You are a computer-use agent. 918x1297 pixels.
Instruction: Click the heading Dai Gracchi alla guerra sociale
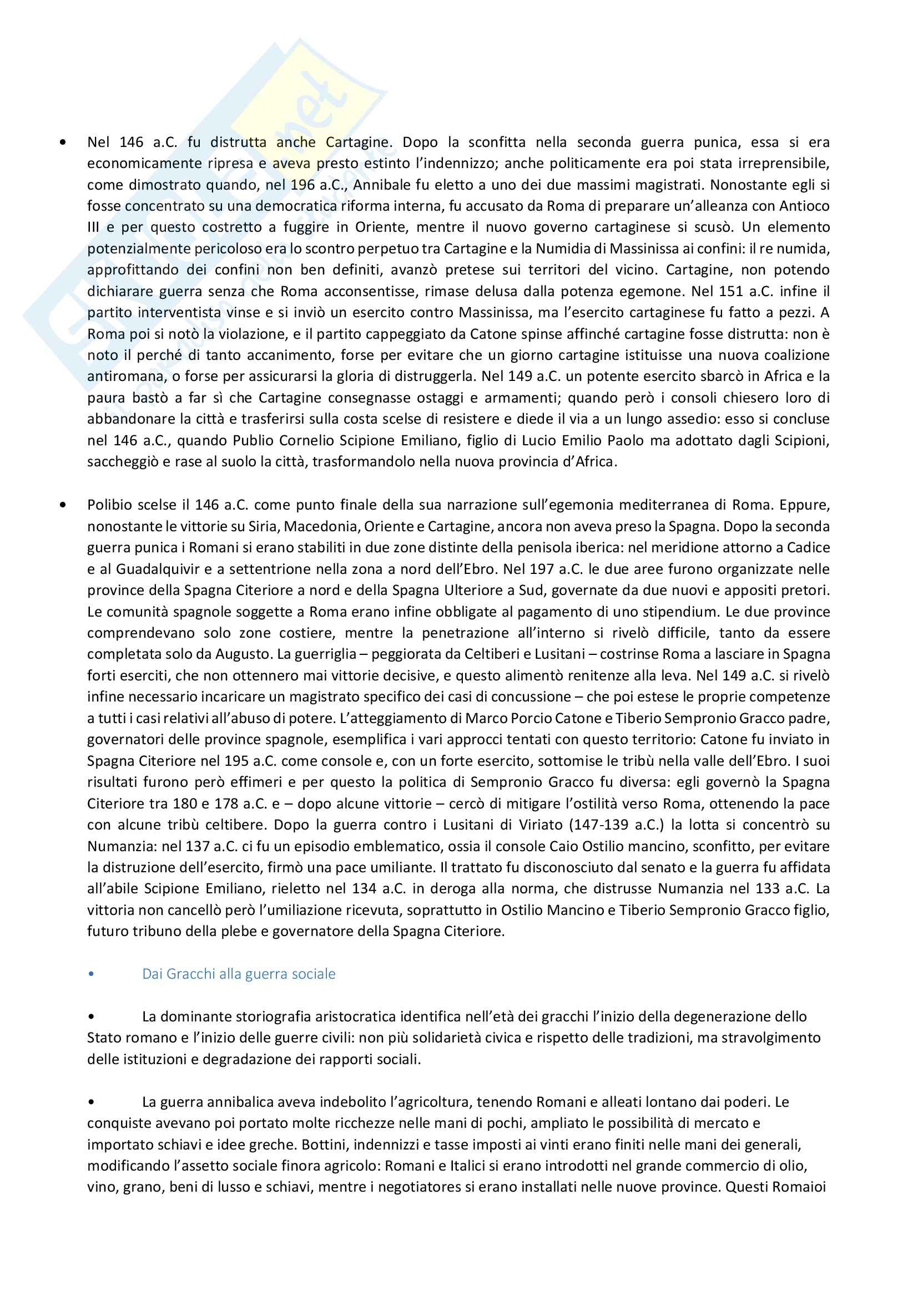pos(239,974)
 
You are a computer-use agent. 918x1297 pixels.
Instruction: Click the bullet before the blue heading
pos(92,974)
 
